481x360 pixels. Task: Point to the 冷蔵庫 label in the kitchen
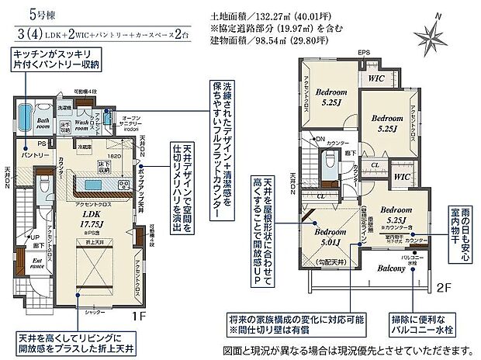coord(85,145)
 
